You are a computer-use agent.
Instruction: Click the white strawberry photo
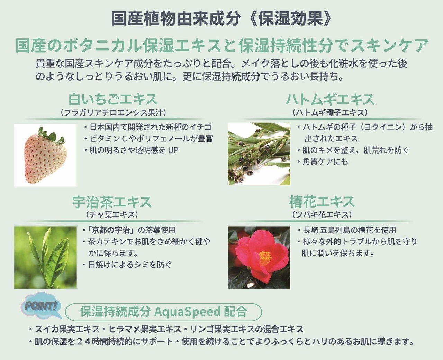(x=45, y=155)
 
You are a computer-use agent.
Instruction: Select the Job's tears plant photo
(x=259, y=154)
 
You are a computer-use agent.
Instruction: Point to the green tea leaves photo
(x=45, y=258)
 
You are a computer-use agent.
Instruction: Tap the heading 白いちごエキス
(x=113, y=99)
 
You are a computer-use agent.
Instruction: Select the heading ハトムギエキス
(x=330, y=100)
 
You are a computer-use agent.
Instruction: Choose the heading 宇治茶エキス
(x=112, y=202)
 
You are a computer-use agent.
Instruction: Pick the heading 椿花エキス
(x=322, y=202)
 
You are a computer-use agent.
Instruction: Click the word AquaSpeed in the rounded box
(x=187, y=312)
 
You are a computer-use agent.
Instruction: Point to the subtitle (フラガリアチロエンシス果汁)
(x=114, y=112)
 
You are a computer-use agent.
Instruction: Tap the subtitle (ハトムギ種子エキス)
(x=330, y=112)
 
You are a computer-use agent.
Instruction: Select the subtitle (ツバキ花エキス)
(x=322, y=214)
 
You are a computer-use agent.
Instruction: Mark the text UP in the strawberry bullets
(x=173, y=150)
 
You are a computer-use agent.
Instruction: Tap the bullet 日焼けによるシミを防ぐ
(x=127, y=265)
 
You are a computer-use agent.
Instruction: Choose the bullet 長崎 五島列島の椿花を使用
(x=347, y=230)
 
